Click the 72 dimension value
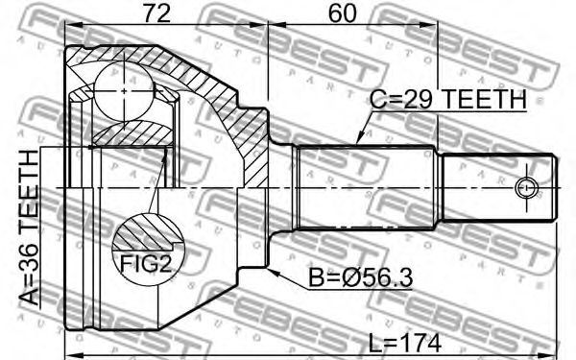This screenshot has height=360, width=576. coord(156,13)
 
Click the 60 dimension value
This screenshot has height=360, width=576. coord(343,13)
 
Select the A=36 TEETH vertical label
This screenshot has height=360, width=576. coord(29,228)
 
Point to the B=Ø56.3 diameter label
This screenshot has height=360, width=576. coord(360,278)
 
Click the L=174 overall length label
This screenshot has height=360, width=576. coord(404,343)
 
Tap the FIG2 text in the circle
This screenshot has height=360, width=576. coord(146,263)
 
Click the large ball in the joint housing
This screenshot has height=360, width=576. coord(124,91)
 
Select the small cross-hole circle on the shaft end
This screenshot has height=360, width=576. coord(526,188)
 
